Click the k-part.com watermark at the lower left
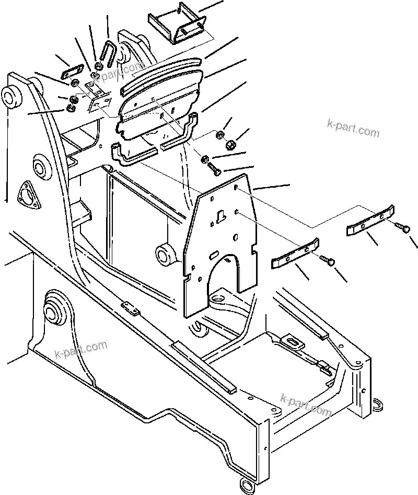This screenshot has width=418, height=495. [80, 349]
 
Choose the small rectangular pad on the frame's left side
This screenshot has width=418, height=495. [131, 308]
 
